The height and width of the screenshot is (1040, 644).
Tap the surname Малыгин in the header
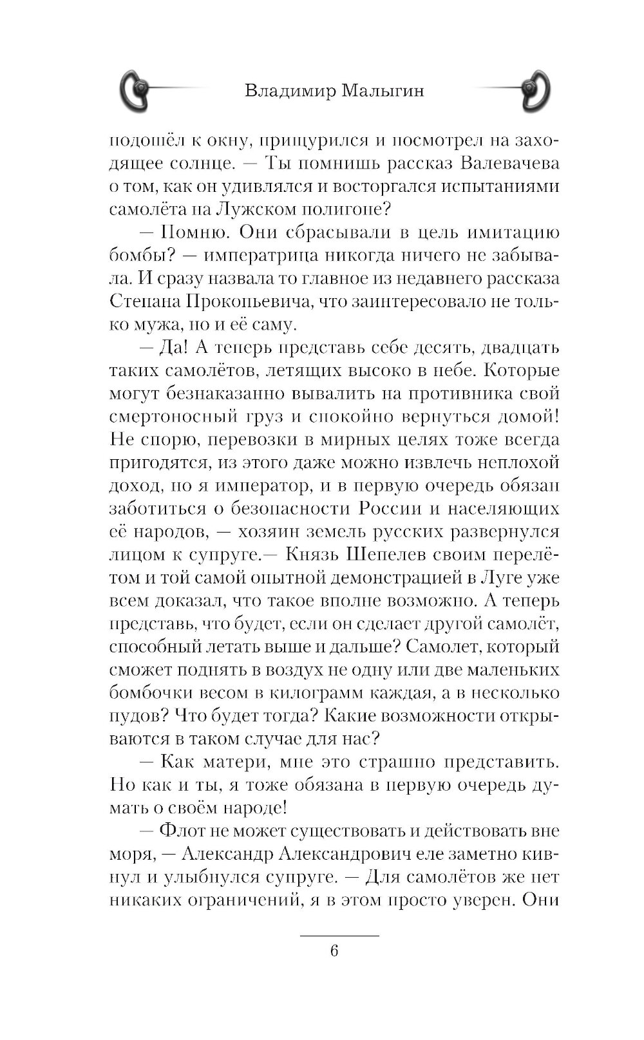(383, 91)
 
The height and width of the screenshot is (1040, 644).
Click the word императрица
(269, 256)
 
